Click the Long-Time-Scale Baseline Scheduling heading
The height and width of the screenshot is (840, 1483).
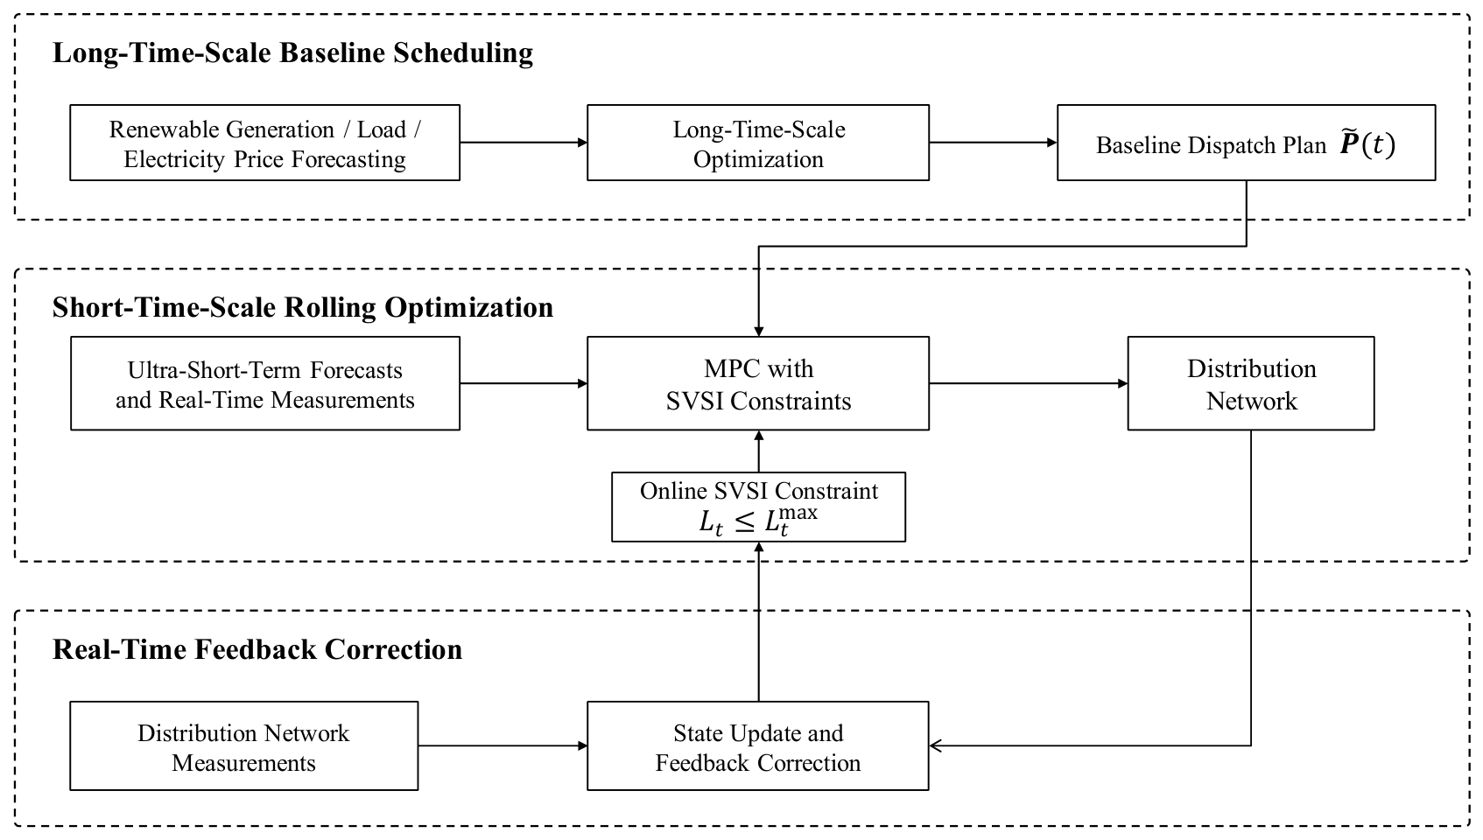pyautogui.click(x=292, y=53)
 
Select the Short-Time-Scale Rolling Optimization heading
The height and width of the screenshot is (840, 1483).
pyautogui.click(x=303, y=308)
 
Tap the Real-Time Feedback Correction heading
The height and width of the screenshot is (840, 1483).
pyautogui.click(x=257, y=649)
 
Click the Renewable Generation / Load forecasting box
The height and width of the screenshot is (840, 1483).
pyautogui.click(x=264, y=143)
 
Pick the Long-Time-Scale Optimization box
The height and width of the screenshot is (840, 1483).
pyautogui.click(x=758, y=143)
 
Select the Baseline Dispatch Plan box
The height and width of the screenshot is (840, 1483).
pyautogui.click(x=1246, y=143)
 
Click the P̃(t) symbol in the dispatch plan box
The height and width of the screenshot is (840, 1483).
pyautogui.click(x=1367, y=143)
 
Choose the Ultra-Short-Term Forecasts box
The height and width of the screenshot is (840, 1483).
pyautogui.click(x=264, y=383)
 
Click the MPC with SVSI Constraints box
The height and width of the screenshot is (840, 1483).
pyautogui.click(x=758, y=383)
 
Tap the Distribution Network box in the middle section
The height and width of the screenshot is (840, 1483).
pyautogui.click(x=1251, y=383)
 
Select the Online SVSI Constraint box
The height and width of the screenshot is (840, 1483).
pyautogui.click(x=758, y=507)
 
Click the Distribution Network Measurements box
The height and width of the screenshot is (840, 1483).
pyautogui.click(x=243, y=746)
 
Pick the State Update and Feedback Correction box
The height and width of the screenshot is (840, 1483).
pyautogui.click(x=758, y=746)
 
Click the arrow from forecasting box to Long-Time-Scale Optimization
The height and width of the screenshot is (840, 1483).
pyautogui.click(x=524, y=143)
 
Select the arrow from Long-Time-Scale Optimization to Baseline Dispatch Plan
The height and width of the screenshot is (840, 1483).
pyautogui.click(x=993, y=143)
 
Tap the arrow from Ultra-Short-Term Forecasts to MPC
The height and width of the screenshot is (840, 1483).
pyautogui.click(x=524, y=383)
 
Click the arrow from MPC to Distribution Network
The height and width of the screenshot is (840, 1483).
pyautogui.click(x=1028, y=383)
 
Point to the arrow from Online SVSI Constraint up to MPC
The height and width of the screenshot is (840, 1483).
pyautogui.click(x=759, y=451)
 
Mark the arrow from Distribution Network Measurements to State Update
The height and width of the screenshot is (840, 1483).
pyautogui.click(x=503, y=746)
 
